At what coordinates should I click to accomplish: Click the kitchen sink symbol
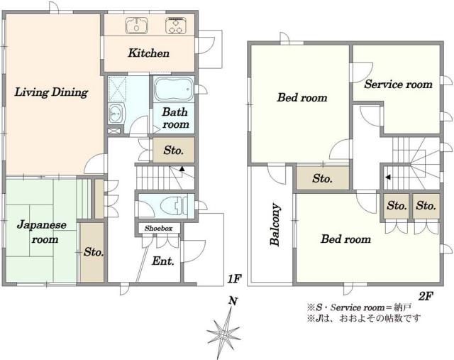[x=136, y=25]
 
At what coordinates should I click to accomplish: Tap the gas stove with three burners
[x=175, y=26]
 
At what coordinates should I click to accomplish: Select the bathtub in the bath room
[x=173, y=89]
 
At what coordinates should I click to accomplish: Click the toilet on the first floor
[x=168, y=205]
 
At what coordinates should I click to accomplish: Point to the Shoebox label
[x=158, y=229]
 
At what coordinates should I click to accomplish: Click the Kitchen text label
[x=148, y=53]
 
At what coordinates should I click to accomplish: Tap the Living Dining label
[x=51, y=92]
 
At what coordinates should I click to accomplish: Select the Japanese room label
[x=41, y=232]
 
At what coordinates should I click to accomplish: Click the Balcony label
[x=275, y=224]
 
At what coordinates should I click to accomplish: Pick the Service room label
[x=398, y=84]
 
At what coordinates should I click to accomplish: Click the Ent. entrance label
[x=163, y=261]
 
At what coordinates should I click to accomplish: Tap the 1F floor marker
[x=234, y=278]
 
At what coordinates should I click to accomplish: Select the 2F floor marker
[x=426, y=296]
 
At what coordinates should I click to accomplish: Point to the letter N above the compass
[x=233, y=301]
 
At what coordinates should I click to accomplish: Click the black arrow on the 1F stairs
[x=182, y=168]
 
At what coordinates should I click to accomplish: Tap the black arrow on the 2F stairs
[x=388, y=177]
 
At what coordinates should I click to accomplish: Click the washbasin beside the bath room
[x=116, y=114]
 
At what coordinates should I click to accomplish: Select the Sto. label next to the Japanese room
[x=94, y=252]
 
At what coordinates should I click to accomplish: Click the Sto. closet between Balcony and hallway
[x=323, y=178]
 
